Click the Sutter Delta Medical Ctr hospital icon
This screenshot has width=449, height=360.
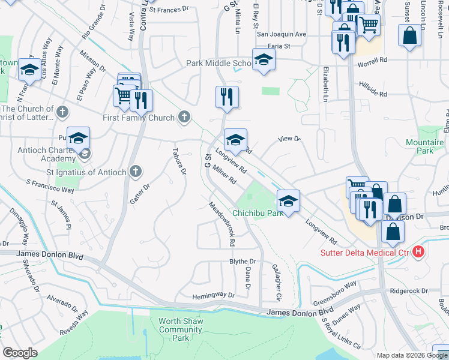pos(418,253)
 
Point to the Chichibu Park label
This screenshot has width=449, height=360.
pos(258,213)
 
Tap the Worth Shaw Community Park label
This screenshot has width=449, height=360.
pos(181,329)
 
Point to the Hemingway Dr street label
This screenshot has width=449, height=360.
pos(213,296)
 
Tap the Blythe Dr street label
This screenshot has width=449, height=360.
pos(243,262)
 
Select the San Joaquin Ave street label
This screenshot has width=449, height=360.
pos(282,34)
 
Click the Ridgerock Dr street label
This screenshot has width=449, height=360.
pos(408,290)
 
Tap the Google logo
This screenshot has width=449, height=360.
pos(20,353)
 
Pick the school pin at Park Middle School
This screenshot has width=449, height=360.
pos(264,59)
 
